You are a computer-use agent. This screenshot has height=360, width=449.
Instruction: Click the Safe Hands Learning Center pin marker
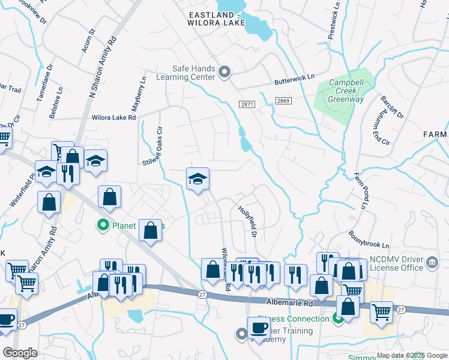pos(224,73)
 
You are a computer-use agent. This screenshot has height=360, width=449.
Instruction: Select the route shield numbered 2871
pos(247,104)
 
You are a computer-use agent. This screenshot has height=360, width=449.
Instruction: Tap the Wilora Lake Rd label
pos(113,118)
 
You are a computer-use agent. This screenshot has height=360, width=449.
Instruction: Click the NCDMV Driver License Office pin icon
pos(432,262)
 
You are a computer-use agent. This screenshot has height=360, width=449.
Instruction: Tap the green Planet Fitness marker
pos(103,226)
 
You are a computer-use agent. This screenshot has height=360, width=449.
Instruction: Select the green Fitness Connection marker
pos(338,319)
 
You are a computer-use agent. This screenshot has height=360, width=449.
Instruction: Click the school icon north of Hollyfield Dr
pos(197,179)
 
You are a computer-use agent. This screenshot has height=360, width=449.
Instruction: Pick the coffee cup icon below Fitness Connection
pos(259,328)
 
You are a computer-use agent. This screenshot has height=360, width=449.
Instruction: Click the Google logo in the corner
pos(20,353)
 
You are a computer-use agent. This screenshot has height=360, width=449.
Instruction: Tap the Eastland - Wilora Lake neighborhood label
pos(217,19)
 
